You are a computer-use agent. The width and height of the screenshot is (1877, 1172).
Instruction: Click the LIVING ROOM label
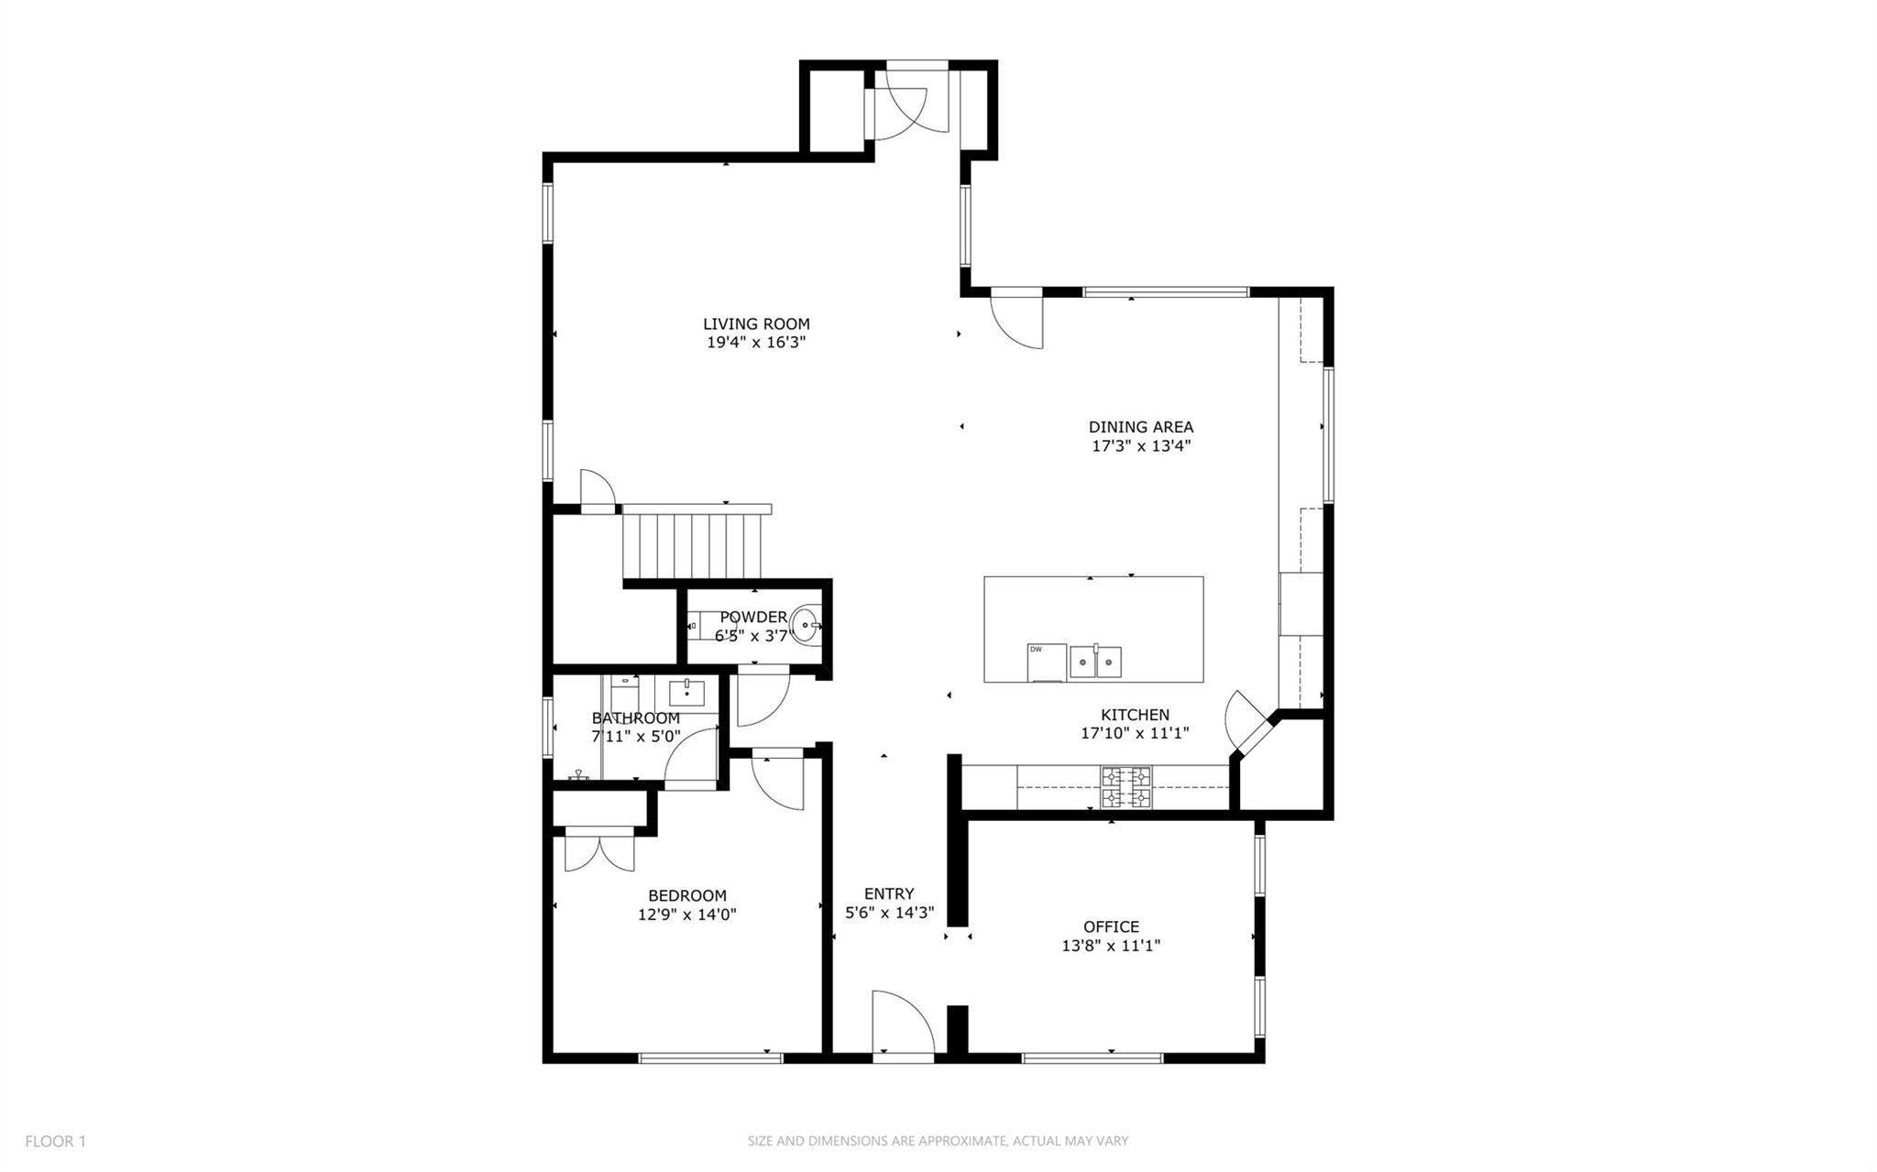pos(756,323)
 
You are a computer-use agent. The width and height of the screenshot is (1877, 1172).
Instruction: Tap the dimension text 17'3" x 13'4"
pos(1141,446)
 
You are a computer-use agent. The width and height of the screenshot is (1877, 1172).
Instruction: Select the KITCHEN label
pos(1135,715)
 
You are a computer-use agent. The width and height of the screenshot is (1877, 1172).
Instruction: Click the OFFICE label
pos(1111,926)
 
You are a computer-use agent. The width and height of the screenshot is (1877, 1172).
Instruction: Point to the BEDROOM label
pos(686,895)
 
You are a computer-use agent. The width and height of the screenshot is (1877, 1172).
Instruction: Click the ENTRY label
pos(889,893)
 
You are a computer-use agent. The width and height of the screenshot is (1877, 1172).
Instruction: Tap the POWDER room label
pos(752,617)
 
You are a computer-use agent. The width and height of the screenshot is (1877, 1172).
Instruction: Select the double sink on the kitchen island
pos(1095,661)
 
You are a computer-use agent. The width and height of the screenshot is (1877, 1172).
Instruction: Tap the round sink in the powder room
pos(806,625)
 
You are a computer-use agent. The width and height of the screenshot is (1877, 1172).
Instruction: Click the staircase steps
pos(693,546)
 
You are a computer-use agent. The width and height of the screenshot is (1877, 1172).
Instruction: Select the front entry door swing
pos(901,1024)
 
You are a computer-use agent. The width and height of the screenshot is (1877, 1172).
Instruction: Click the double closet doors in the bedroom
pos(599,850)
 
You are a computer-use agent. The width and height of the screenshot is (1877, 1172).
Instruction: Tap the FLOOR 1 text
pos(55,1141)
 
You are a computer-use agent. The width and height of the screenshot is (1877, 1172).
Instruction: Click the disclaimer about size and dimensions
pos(938,1141)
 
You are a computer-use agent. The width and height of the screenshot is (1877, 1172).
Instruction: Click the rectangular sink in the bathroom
pos(686,693)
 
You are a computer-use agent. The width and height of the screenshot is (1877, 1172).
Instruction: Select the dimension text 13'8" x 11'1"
pos(1111,946)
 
